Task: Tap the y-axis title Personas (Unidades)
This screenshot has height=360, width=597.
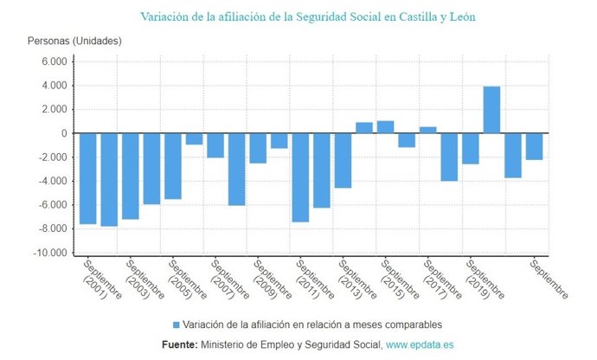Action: pyautogui.click(x=74, y=41)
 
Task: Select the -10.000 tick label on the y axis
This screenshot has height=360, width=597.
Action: pyautogui.click(x=48, y=254)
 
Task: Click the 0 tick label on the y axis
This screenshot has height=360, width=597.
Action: pyautogui.click(x=64, y=134)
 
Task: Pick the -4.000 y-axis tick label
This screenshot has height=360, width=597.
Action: pyautogui.click(x=51, y=182)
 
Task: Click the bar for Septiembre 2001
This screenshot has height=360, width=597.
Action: pyautogui.click(x=88, y=178)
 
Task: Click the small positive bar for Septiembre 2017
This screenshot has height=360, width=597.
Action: pyautogui.click(x=427, y=130)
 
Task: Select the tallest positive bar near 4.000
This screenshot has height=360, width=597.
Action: pyautogui.click(x=491, y=110)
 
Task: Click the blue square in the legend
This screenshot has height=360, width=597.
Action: pyautogui.click(x=177, y=325)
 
